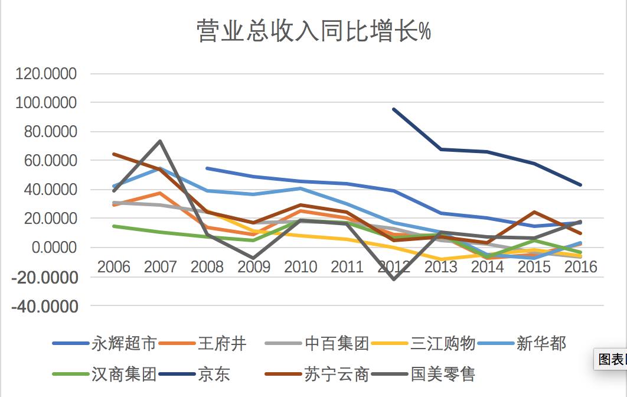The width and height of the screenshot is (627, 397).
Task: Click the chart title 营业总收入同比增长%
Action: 314,31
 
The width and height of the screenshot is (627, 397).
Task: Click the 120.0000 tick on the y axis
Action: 47,74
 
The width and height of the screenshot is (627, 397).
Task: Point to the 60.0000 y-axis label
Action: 50,161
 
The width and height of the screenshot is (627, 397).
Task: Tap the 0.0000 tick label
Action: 54,248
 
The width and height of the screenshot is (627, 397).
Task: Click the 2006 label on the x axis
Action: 113,266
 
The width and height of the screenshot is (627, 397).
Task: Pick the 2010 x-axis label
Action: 301,266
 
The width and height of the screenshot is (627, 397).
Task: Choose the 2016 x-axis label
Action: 581,266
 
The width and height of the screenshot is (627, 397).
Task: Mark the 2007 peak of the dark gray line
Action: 160,141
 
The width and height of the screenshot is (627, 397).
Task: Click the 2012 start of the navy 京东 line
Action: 394,109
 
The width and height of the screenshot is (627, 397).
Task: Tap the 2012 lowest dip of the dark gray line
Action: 394,279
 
